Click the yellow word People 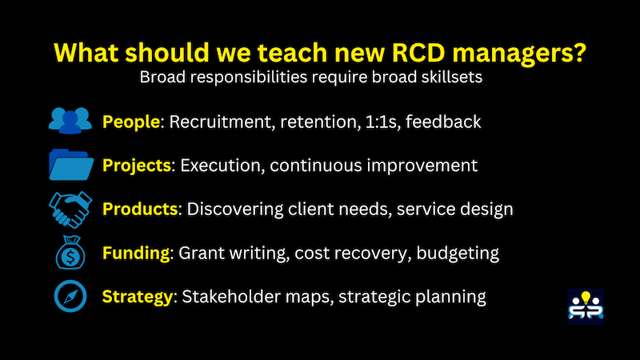point(132,122)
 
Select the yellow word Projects point(137,166)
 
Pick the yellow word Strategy point(138,297)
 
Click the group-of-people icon point(70,121)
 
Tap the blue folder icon point(70,165)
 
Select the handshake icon point(70,209)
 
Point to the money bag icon point(70,253)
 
